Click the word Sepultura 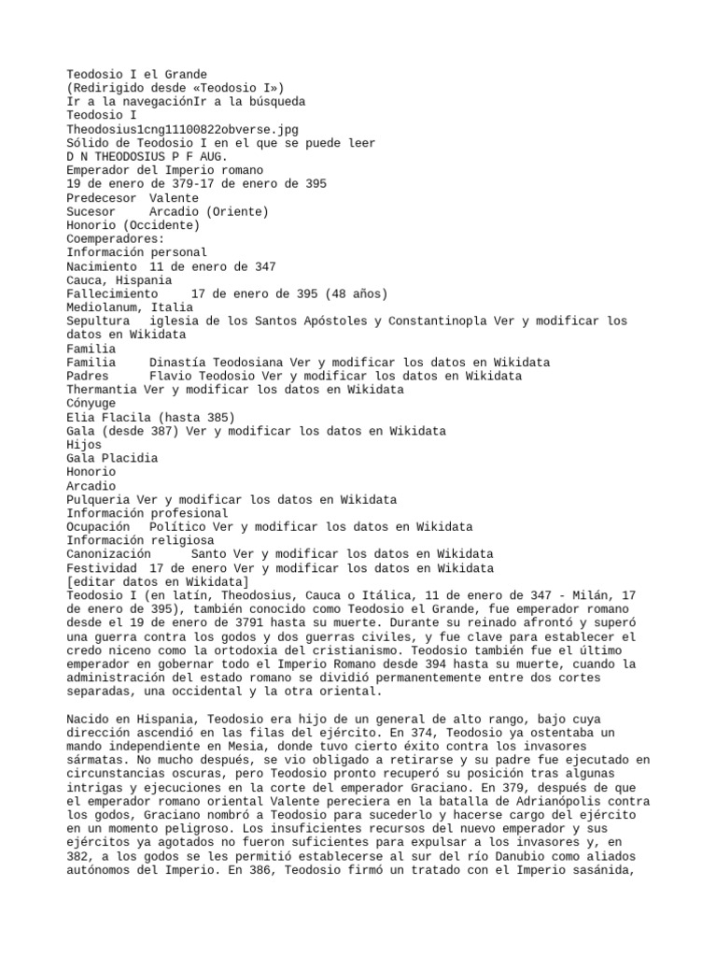[x=97, y=321]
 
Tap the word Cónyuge [x=91, y=404]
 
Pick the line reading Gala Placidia [x=111, y=459]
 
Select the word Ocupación [x=97, y=527]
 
